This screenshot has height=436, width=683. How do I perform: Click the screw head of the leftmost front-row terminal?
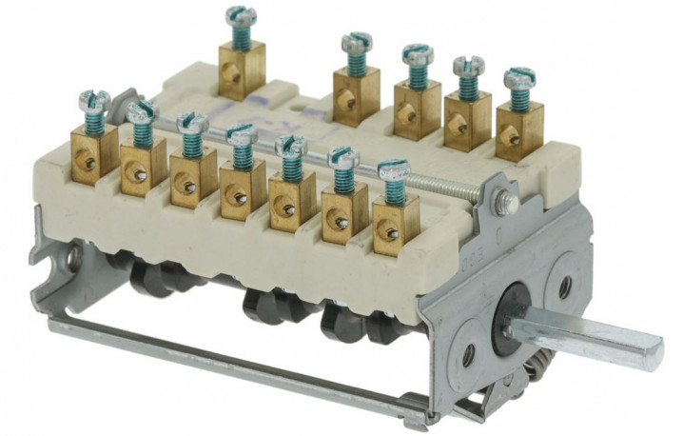(93, 99)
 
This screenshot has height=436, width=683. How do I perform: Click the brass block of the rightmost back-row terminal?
(519, 129)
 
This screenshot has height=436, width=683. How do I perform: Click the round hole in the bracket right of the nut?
(565, 285)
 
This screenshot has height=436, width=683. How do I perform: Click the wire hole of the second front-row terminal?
(139, 173)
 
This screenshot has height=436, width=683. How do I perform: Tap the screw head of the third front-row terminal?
(192, 123)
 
